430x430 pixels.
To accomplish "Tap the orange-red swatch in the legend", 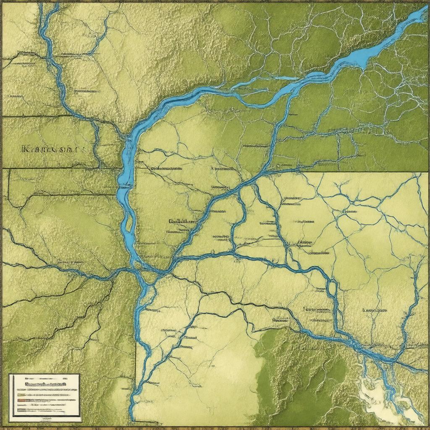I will pos(21,400).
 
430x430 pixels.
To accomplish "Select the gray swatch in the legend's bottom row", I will pos(22,410).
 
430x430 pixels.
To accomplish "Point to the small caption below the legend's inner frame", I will pos(46,419).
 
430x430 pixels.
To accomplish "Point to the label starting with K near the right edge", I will pos(374,311).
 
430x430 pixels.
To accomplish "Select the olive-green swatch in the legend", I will pos(21,395).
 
